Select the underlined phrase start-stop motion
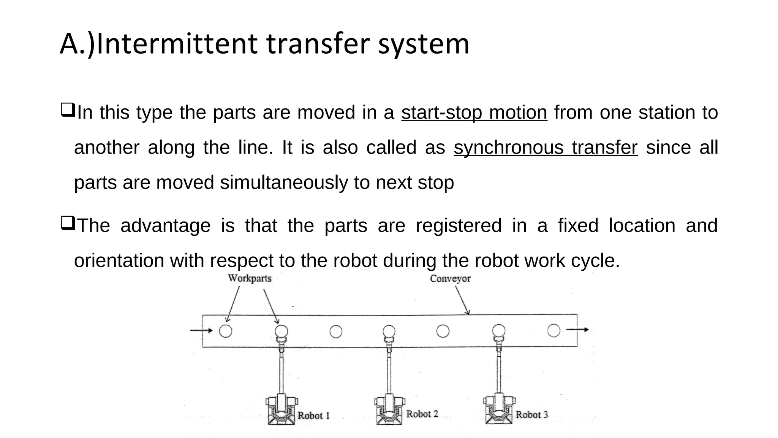tap(474, 113)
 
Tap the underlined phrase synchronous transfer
tap(546, 148)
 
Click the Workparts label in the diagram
tap(250, 278)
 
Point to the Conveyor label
tap(450, 279)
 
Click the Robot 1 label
tap(313, 416)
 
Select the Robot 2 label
tap(422, 414)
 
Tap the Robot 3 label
tap(531, 415)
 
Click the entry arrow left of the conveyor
tap(201, 330)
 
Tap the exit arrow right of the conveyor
tap(577, 330)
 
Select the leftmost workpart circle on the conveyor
tap(226, 331)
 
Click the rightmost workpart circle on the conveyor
tap(553, 330)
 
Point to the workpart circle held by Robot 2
tap(389, 332)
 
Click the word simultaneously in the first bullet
tap(284, 183)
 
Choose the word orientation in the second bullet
tap(119, 261)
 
